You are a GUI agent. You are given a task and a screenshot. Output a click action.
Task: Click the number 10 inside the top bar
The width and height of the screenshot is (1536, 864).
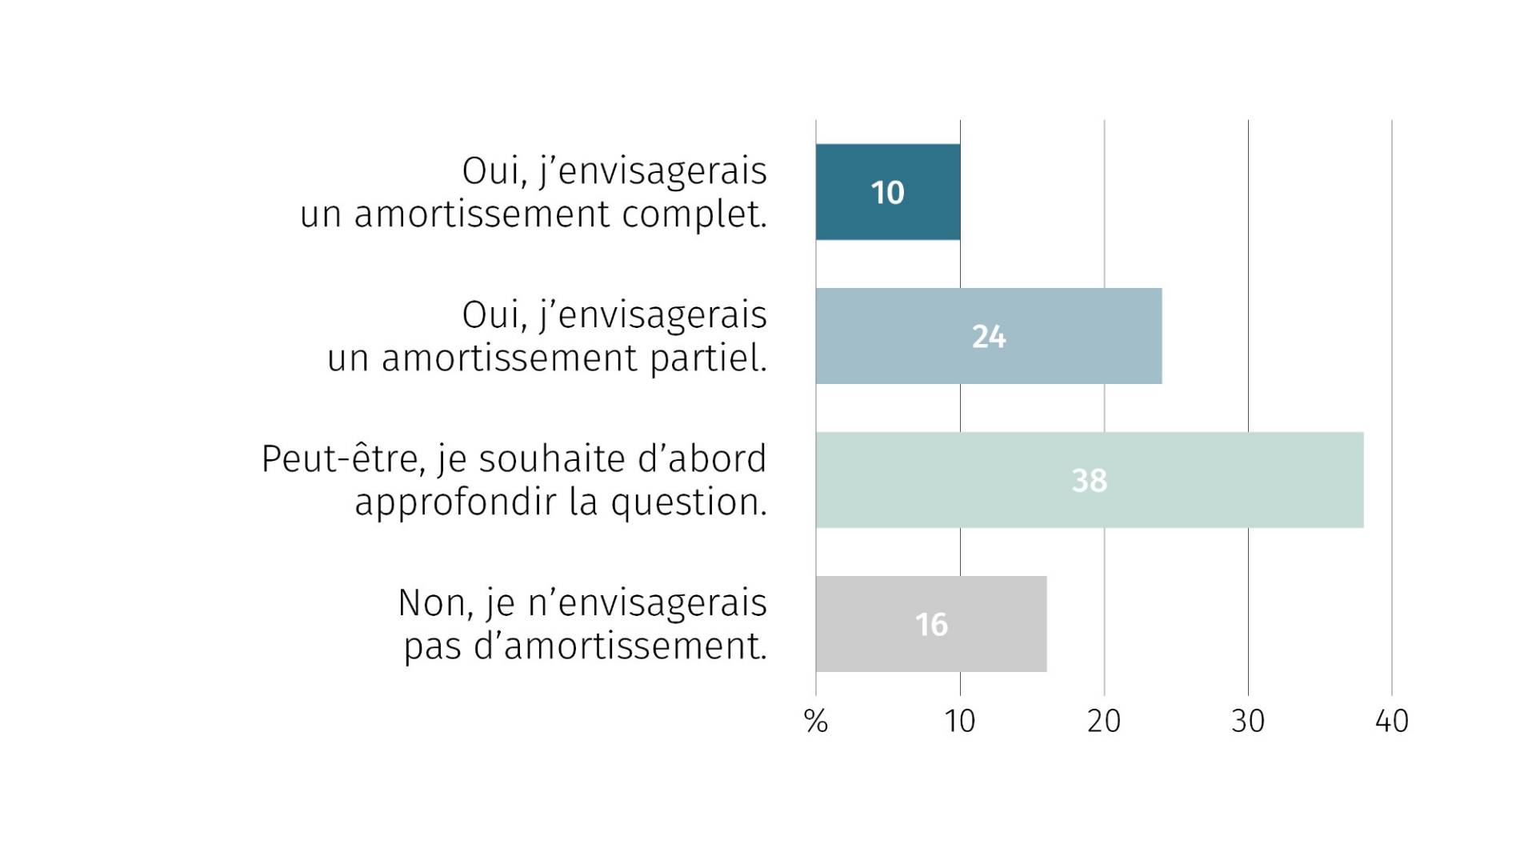pos(887,193)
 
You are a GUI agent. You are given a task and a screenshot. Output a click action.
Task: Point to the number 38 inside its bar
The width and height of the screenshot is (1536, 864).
pos(1089,481)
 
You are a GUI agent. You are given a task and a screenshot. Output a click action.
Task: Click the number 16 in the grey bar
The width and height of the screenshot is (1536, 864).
pos(931,625)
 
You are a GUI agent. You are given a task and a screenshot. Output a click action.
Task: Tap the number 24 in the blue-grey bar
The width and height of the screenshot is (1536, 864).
pos(989,337)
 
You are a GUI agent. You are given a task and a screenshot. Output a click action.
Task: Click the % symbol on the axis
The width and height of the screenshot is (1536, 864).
pos(815,722)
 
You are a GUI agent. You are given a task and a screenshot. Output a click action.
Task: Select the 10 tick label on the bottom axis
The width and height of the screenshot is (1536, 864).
pos(959,722)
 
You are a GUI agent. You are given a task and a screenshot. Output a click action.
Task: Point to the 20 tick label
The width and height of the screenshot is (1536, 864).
pos(1104,722)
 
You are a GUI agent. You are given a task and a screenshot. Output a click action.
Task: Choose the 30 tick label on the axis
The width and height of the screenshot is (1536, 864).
pos(1248,722)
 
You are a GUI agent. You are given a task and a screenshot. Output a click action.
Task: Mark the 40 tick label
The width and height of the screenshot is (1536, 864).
pos(1392,722)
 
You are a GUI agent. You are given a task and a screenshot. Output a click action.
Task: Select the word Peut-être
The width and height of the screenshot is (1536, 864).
pos(343,460)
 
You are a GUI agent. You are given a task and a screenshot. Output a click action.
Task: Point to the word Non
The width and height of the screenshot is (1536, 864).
pos(432,603)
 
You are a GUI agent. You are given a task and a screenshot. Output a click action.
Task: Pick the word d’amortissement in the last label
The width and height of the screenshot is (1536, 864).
pos(620,646)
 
